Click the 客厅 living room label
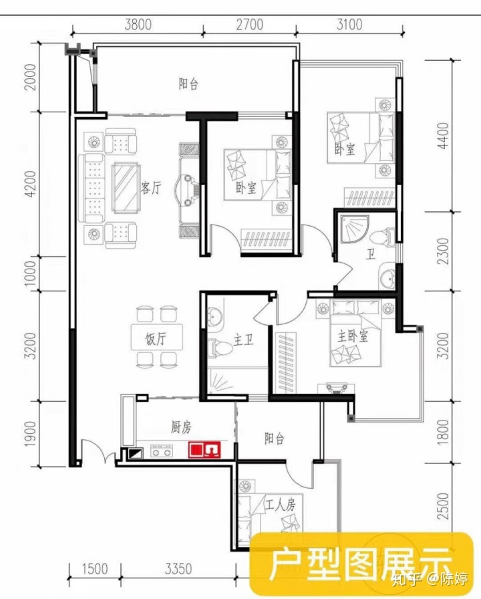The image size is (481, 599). click(x=151, y=188)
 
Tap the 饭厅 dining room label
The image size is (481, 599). click(x=156, y=338)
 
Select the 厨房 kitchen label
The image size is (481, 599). click(x=181, y=427)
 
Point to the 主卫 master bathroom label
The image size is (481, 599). click(x=244, y=339)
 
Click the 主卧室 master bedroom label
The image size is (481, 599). click(x=352, y=336)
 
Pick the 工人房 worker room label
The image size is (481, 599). click(x=281, y=505)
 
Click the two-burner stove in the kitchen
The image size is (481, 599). click(x=162, y=451)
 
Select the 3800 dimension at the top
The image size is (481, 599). click(x=138, y=25)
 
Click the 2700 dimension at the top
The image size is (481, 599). click(x=250, y=25)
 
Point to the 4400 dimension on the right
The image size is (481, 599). click(x=443, y=136)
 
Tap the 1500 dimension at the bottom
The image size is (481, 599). click(x=95, y=569)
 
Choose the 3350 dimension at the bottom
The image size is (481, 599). click(x=178, y=569)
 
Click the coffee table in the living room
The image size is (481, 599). click(x=126, y=188)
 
